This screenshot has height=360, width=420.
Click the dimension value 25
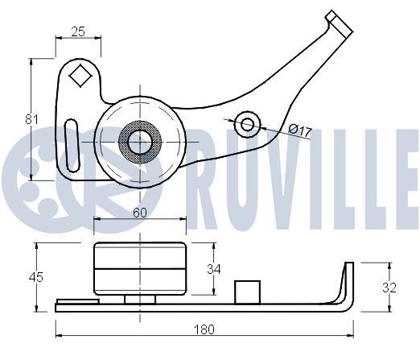(78, 31)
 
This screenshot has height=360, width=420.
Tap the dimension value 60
(139, 213)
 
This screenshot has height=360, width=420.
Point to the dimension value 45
(35, 277)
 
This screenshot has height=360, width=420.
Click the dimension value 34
(212, 269)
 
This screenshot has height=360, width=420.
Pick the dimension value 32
(389, 287)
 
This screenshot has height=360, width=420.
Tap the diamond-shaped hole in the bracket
(80, 77)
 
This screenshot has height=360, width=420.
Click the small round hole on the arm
(248, 123)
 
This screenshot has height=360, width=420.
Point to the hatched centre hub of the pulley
(140, 143)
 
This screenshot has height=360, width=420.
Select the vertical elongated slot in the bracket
(72, 144)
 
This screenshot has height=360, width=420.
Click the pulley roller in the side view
(140, 269)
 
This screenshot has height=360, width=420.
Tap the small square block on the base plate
(245, 291)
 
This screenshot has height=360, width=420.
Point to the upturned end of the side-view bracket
(348, 278)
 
